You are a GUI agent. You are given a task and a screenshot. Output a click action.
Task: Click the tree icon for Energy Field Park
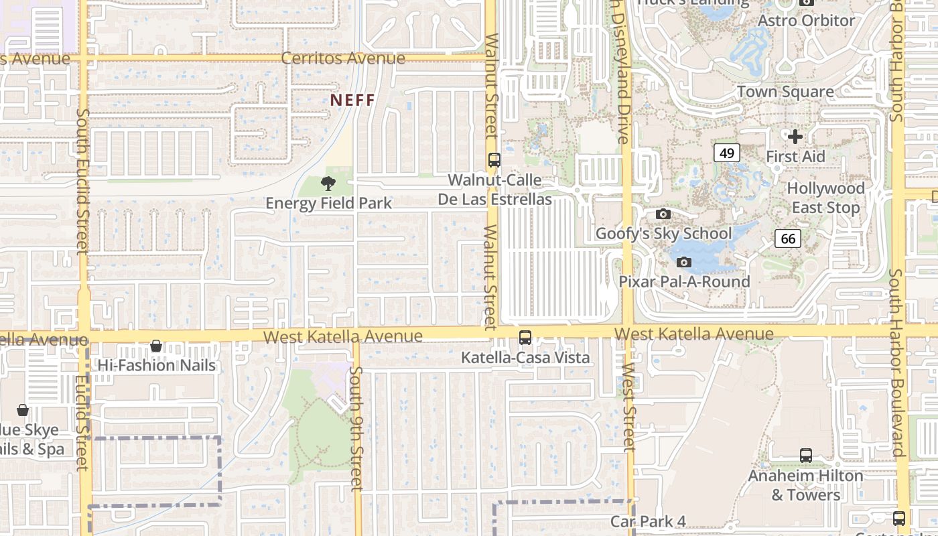point(328,183)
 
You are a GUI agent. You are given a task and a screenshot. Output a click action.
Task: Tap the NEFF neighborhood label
point(352,100)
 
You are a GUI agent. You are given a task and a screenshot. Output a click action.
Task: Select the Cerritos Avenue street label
point(343,58)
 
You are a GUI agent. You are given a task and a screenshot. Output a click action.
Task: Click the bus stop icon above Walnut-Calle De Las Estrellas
point(494,160)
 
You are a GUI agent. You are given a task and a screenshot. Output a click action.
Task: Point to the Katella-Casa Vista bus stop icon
point(525,338)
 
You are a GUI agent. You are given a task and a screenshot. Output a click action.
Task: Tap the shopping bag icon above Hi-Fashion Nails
point(156,346)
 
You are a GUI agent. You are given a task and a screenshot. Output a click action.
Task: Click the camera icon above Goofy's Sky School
point(663,214)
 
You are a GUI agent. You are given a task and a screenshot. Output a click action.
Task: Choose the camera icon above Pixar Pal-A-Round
point(684,262)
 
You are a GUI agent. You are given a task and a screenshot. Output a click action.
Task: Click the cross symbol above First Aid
point(795,137)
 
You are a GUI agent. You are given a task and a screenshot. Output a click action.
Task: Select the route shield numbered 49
point(726,153)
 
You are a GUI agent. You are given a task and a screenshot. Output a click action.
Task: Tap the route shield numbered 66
point(788,238)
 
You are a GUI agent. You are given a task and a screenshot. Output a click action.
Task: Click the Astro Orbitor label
point(806,21)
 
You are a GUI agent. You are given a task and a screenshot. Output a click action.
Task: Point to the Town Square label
point(785,92)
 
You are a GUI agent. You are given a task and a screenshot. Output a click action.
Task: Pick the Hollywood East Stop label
point(825,198)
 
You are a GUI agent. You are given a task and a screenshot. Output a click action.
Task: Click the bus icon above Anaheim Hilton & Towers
point(806,456)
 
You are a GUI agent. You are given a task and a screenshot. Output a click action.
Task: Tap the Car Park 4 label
point(648,521)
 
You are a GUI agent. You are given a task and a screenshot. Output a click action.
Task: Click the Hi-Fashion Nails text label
point(157,365)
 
